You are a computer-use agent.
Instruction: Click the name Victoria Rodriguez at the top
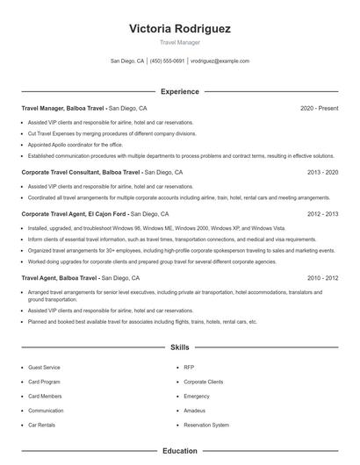pos(180,28)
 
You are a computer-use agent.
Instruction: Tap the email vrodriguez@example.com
pos(220,61)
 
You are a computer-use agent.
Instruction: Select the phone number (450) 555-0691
pos(167,61)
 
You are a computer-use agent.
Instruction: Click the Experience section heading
pos(180,91)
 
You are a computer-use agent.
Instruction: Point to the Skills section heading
pos(180,347)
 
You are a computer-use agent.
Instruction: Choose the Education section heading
pos(180,451)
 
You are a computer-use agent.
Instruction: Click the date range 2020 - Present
pos(319,108)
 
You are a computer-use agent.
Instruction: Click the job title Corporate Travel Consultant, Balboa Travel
pos(81,173)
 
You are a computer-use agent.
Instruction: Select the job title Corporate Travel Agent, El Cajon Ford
pos(75,213)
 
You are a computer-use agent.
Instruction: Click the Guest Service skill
pos(44,368)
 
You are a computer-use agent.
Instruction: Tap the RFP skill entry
pos(189,368)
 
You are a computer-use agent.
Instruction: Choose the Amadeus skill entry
pos(195,411)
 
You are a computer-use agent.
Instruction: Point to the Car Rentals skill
pos(42,425)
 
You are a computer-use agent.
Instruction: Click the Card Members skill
pos(45,397)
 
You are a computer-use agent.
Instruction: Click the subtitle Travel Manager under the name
pos(180,42)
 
